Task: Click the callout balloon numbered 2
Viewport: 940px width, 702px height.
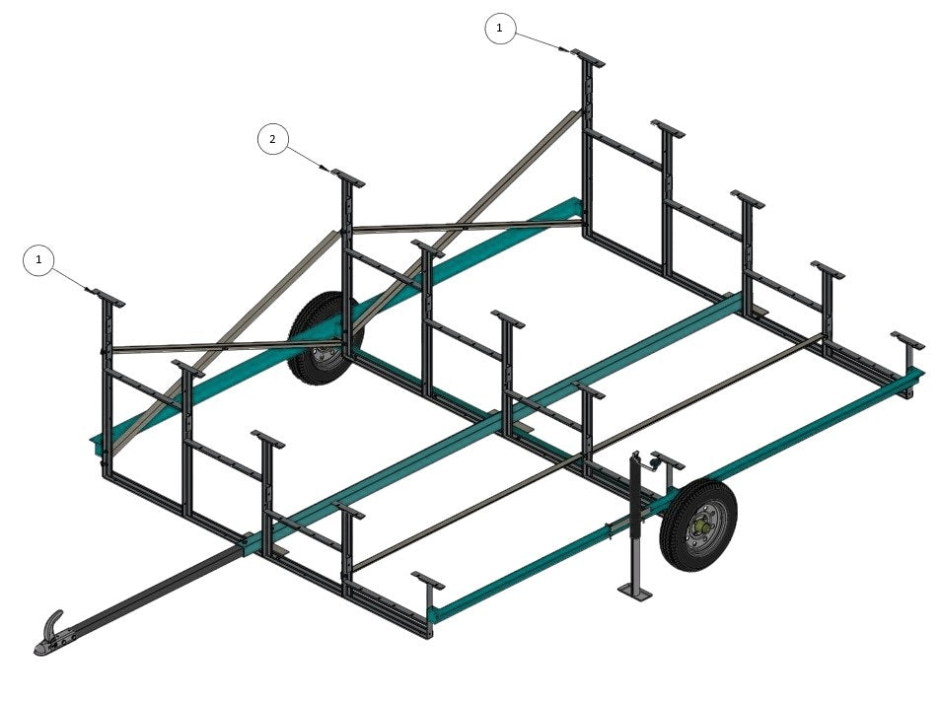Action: click(x=273, y=139)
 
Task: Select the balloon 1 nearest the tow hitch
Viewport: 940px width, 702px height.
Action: click(x=39, y=260)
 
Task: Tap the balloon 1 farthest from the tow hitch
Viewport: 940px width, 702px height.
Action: click(x=500, y=29)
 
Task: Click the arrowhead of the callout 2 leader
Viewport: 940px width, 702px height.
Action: click(x=325, y=168)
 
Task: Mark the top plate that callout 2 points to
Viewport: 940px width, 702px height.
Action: click(x=348, y=178)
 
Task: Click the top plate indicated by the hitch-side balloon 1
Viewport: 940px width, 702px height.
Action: click(x=108, y=298)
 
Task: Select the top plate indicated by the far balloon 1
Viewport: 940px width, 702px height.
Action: click(x=588, y=58)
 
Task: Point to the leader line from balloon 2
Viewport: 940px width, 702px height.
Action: click(x=307, y=158)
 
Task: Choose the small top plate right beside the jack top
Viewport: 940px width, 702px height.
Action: click(x=668, y=460)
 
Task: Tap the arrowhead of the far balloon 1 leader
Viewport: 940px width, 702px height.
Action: click(x=564, y=49)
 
